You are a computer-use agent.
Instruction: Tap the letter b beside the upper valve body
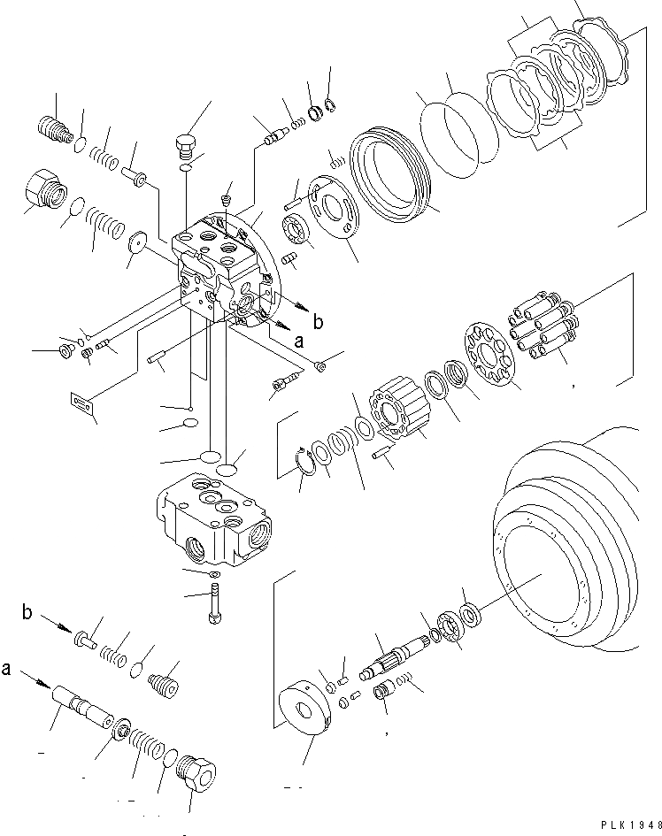(318, 320)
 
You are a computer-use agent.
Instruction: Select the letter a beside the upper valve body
(298, 339)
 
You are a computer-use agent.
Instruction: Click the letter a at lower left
(9, 669)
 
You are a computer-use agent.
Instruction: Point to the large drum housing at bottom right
(566, 540)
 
